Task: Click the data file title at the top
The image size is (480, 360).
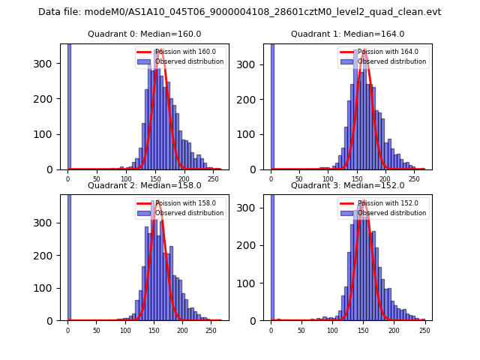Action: (239, 12)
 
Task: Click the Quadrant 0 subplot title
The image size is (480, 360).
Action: (145, 34)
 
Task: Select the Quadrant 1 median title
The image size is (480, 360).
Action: (348, 34)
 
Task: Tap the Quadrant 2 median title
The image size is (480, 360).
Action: (145, 185)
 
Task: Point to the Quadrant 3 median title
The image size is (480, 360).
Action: (348, 185)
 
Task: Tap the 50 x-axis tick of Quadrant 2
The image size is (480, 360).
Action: (97, 331)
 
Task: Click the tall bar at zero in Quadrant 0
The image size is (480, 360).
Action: (69, 105)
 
